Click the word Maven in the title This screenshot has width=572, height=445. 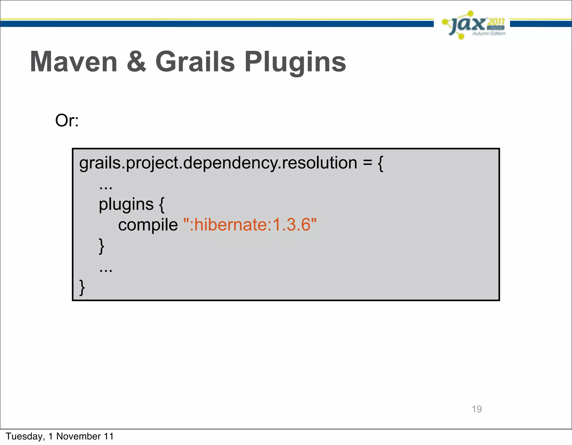pyautogui.click(x=73, y=62)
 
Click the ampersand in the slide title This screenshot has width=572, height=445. pyautogui.click(x=136, y=62)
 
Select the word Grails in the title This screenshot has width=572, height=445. pyautogui.click(x=195, y=62)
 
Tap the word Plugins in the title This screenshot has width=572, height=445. pyautogui.click(x=295, y=62)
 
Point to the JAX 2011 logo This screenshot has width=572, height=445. pyautogui.click(x=474, y=25)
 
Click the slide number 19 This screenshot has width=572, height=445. pyautogui.click(x=476, y=409)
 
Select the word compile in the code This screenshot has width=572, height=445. pyautogui.click(x=148, y=225)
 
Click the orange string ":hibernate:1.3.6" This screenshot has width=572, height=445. pyautogui.click(x=250, y=225)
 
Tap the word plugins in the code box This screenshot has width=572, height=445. pyautogui.click(x=126, y=204)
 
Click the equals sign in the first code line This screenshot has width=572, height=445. pyautogui.click(x=367, y=163)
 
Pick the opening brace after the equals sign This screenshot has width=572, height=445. pyautogui.click(x=380, y=163)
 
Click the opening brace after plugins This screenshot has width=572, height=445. pyautogui.click(x=162, y=204)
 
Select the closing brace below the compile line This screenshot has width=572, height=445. pyautogui.click(x=102, y=246)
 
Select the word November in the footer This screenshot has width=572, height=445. pyautogui.click(x=78, y=436)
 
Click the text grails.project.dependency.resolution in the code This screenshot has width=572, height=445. pyautogui.click(x=218, y=163)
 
